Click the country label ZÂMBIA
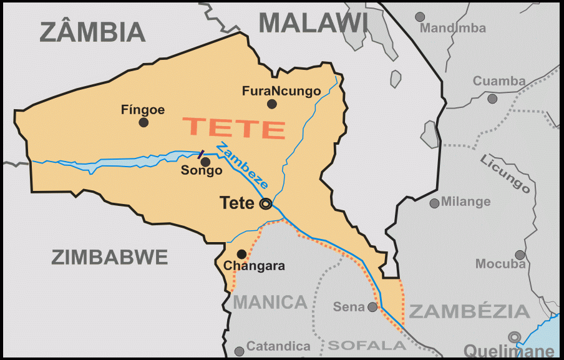point(92,31)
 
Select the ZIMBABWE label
point(110,257)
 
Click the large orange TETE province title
point(235,127)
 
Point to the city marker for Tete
point(266,203)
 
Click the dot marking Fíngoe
point(143,122)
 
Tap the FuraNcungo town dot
point(271,104)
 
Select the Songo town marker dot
point(205,162)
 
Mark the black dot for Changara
point(241,254)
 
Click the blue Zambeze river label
point(243,166)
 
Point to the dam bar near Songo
point(200,154)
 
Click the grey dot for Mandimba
point(420,17)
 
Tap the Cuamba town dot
point(492,99)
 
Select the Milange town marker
point(434,203)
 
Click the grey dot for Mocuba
point(520,255)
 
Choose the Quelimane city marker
point(515,337)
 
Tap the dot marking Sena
point(372,307)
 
